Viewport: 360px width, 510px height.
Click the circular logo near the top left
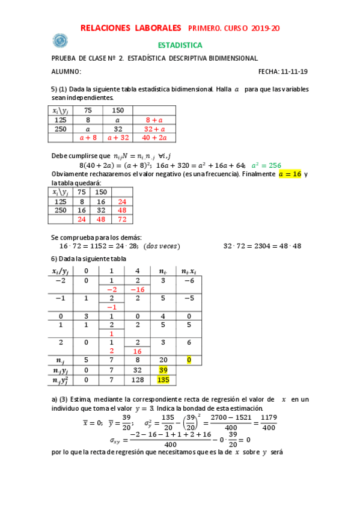(60, 40)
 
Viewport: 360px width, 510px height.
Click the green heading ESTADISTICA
(180, 45)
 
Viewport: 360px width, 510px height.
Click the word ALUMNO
(66, 71)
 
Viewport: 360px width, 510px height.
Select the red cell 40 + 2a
(154, 138)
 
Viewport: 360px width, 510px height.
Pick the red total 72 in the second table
(123, 220)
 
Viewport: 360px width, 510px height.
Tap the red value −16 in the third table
(137, 289)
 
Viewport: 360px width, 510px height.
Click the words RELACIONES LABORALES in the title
(130, 28)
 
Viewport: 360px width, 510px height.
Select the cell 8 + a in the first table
(154, 120)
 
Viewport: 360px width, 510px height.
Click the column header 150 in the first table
(118, 110)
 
